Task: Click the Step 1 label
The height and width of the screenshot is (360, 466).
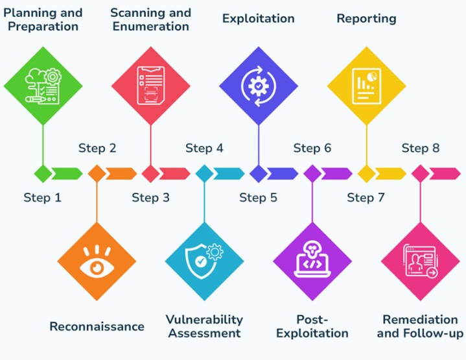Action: coord(42,198)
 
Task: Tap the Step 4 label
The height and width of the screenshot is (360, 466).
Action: coord(204,149)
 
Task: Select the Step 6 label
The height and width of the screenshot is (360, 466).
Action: coord(312,149)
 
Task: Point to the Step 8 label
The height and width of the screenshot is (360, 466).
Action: coord(420,149)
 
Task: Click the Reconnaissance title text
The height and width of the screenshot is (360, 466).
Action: coord(97,326)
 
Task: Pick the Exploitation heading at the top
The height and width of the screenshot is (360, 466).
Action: coord(258,19)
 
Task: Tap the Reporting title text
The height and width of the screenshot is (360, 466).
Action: coord(366,19)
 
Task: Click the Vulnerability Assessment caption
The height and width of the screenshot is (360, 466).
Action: coord(204,326)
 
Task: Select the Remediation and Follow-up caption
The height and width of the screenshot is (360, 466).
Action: coord(420,326)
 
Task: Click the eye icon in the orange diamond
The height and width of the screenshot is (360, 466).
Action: coord(97,265)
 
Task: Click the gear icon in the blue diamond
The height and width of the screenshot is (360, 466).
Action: coord(258,85)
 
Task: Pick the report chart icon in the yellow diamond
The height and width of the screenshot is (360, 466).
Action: coord(366,85)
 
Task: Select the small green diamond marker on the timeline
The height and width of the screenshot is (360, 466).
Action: coord(43,173)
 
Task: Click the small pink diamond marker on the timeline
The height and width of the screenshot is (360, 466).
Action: coord(420,173)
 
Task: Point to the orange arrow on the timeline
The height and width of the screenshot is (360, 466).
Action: coord(121,173)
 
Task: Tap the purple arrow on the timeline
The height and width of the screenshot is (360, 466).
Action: coord(336,173)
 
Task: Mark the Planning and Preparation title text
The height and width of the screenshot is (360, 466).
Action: coord(43,19)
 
